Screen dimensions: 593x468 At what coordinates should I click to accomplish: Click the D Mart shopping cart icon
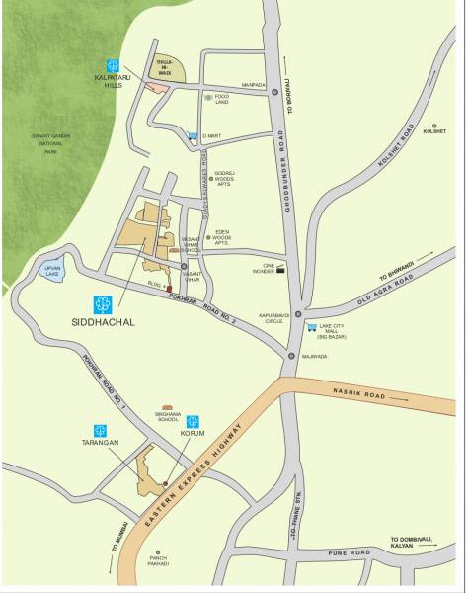[192, 135]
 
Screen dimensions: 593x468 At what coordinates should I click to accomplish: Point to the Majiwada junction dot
[291, 355]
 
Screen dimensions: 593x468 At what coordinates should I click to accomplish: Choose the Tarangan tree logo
[100, 430]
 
